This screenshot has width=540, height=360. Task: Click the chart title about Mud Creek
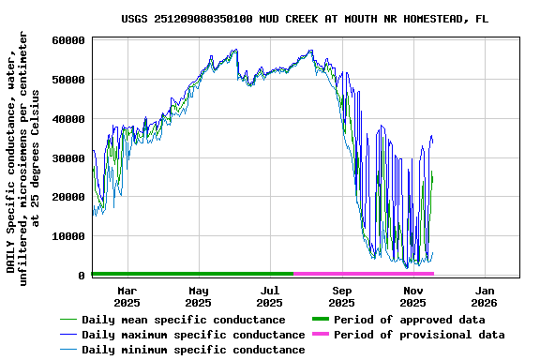(x=304, y=19)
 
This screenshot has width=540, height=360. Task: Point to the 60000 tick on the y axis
(x=69, y=40)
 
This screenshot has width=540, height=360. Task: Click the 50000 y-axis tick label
(x=69, y=80)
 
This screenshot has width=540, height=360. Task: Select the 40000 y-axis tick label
(x=69, y=119)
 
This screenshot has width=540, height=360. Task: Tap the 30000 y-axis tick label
(x=69, y=158)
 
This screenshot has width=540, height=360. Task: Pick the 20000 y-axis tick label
(x=69, y=197)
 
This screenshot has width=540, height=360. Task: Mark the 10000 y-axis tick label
(x=69, y=236)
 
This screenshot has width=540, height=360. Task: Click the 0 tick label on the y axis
(x=82, y=276)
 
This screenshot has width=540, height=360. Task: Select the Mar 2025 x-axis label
(x=127, y=296)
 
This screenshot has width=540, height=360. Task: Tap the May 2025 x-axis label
(x=198, y=296)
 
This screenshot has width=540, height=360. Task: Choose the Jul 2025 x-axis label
(x=269, y=296)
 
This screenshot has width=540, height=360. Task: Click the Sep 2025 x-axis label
(x=341, y=296)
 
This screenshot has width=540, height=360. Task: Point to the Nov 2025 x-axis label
(x=412, y=296)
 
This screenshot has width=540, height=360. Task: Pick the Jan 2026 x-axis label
(x=484, y=296)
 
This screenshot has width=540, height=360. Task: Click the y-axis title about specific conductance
(x=23, y=157)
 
